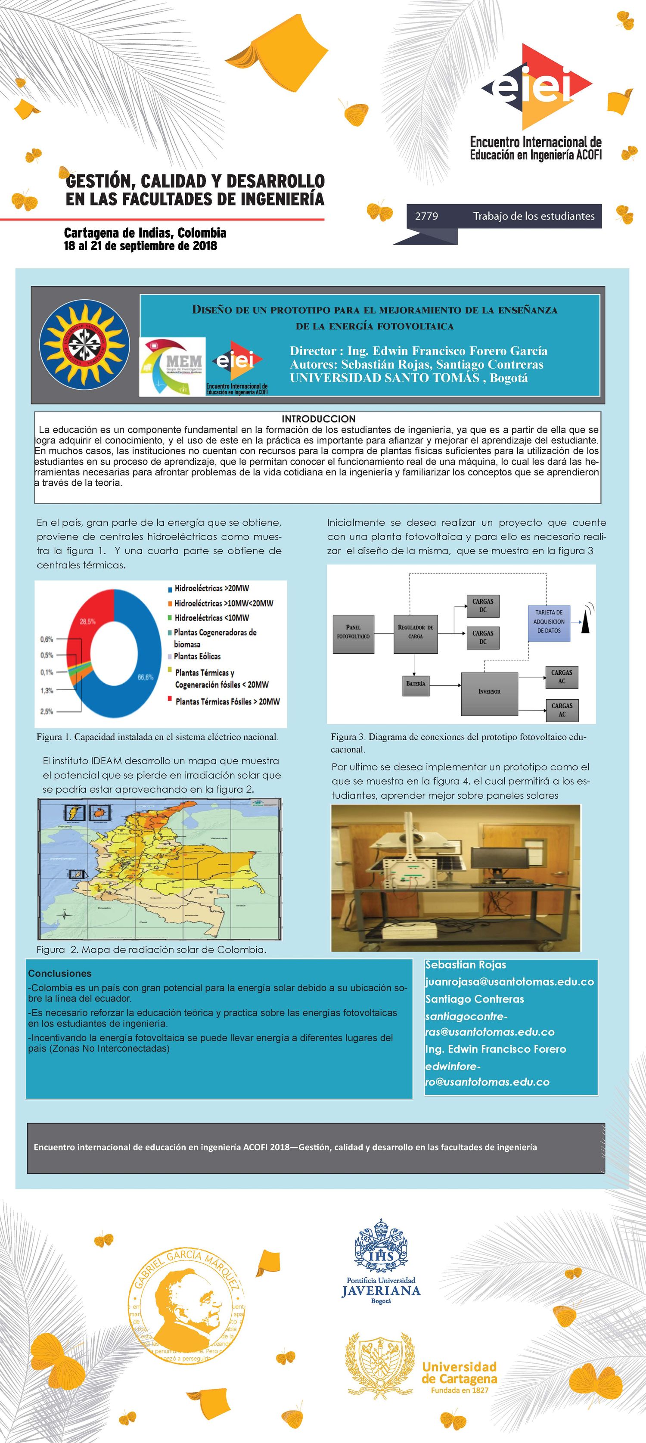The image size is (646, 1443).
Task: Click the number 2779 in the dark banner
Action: [x=426, y=216]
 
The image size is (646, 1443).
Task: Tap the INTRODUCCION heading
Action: [x=318, y=419]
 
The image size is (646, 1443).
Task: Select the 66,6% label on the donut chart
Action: [x=145, y=677]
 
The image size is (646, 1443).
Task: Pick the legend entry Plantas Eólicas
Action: [x=197, y=656]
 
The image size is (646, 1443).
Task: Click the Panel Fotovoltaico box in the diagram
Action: [x=353, y=631]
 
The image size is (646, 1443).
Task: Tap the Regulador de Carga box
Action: [x=415, y=631]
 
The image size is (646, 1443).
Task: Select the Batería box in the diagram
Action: [x=416, y=683]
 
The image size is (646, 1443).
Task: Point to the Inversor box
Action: [x=489, y=691]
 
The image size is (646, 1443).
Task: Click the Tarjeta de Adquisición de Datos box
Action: [x=549, y=621]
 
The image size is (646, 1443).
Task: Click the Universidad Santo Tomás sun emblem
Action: [x=84, y=344]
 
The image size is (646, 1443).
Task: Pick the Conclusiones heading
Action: [x=60, y=974]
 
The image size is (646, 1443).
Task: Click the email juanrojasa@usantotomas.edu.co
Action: [x=509, y=981]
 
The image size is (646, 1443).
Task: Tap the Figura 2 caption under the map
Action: [x=151, y=950]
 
